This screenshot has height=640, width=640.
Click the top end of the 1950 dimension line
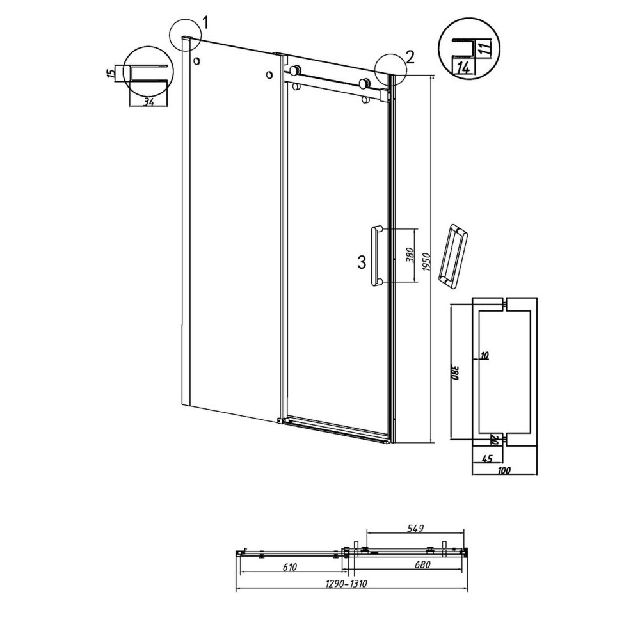(x=433, y=76)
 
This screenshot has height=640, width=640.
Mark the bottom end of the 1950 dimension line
(x=433, y=442)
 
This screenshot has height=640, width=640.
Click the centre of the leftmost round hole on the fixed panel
(x=197, y=61)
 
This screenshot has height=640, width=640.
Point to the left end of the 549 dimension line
(x=367, y=532)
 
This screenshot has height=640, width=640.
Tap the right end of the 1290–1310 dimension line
(x=467, y=589)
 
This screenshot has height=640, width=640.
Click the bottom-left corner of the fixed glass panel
(x=182, y=404)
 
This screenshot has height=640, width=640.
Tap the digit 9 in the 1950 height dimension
(x=426, y=264)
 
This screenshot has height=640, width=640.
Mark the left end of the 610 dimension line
(x=241, y=572)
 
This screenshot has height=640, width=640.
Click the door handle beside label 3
(x=376, y=255)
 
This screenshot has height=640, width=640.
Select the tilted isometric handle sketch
(x=454, y=256)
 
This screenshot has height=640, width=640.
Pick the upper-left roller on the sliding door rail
(x=295, y=70)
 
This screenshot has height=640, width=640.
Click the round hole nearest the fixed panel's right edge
(x=269, y=75)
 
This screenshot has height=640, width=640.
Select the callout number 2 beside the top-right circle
(x=410, y=57)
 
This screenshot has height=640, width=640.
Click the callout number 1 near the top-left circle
(x=205, y=23)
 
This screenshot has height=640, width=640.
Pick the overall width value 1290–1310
(x=346, y=584)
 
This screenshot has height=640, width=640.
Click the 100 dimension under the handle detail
(x=504, y=470)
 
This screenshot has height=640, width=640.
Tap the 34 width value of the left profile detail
(x=148, y=102)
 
